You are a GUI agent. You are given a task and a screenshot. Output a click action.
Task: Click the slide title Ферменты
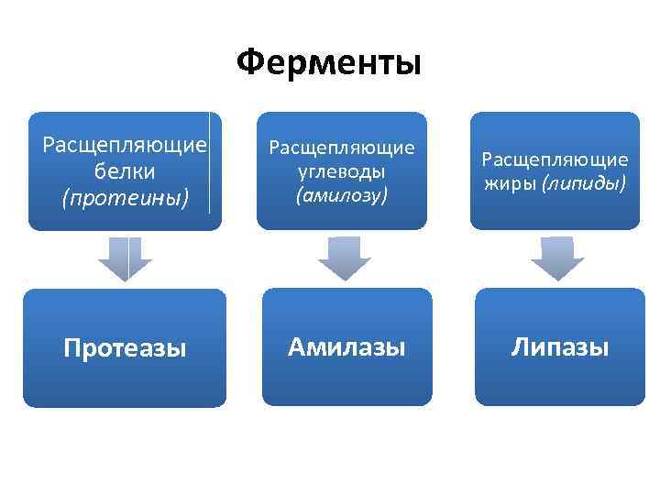point(329,63)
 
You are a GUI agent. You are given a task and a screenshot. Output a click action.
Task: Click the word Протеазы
point(125,348)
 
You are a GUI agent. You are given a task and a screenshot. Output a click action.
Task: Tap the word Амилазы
point(346,346)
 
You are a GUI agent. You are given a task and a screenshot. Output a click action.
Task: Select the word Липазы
point(560,346)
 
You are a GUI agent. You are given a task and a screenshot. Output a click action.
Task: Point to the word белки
point(125,171)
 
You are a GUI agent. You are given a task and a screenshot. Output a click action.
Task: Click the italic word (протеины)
point(125,197)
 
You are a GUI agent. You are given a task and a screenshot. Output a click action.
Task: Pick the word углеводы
point(342,171)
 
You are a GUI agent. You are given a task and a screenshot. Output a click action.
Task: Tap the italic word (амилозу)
point(342,194)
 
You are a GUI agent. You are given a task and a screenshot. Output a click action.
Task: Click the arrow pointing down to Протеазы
point(125,258)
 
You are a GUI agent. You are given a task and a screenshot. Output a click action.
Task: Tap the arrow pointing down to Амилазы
point(344,258)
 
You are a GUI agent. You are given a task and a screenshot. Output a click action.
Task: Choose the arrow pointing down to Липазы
point(557,258)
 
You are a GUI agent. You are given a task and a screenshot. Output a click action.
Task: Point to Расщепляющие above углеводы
point(342,148)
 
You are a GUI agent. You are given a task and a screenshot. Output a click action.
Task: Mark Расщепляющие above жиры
point(555,159)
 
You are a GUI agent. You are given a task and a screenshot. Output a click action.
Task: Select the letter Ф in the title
point(250,63)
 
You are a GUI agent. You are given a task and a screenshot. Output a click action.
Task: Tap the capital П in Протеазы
point(71,348)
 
